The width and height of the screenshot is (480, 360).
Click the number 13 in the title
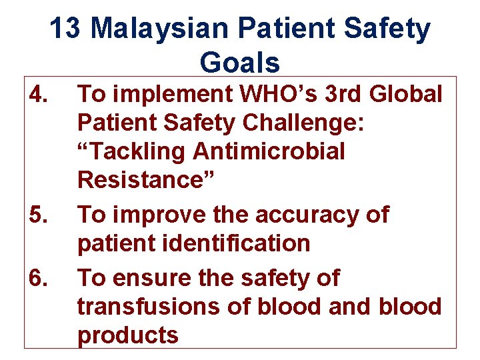[66, 29]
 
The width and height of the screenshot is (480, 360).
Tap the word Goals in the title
[240, 63]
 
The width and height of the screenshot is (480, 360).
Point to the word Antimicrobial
[269, 152]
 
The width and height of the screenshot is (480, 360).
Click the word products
[128, 335]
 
